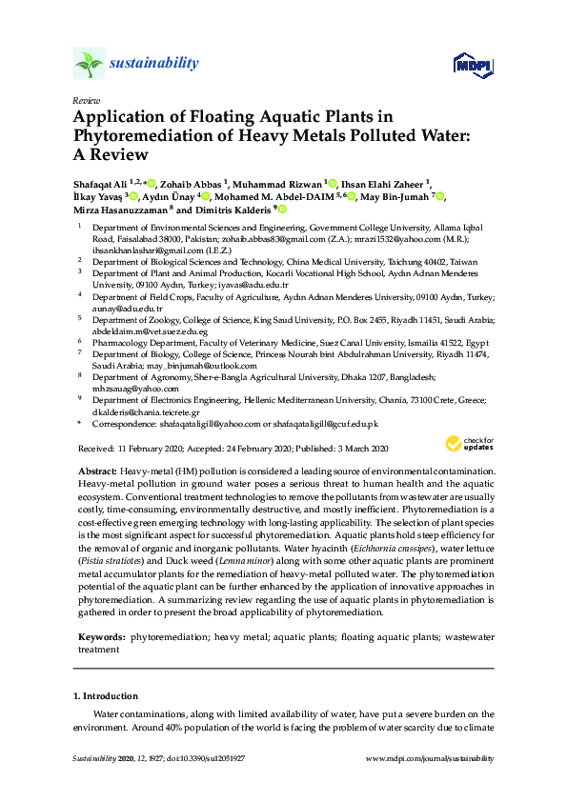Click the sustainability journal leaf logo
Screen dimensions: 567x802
pyautogui.click(x=89, y=65)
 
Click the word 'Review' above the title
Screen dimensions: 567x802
pyautogui.click(x=85, y=100)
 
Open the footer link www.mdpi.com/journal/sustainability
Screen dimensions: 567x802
pyautogui.click(x=430, y=759)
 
